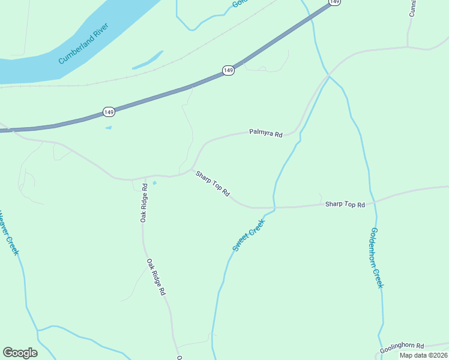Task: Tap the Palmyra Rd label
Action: coord(266,134)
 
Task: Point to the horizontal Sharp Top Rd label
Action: coord(345,205)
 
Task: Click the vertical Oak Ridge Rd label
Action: coord(144,203)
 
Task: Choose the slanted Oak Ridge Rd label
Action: coord(155,278)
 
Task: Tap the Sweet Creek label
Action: coord(249,235)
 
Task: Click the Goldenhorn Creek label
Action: coord(376,257)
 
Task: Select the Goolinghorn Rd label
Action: coord(402,348)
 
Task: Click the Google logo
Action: coord(20,353)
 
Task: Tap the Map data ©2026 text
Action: coord(423,355)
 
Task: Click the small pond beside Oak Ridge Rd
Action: coord(154,183)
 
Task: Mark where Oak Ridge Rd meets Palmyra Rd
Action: coord(133,179)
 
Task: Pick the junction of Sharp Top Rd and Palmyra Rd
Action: coord(192,170)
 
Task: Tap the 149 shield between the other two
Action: coord(228,71)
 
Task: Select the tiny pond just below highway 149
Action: coord(108,127)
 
